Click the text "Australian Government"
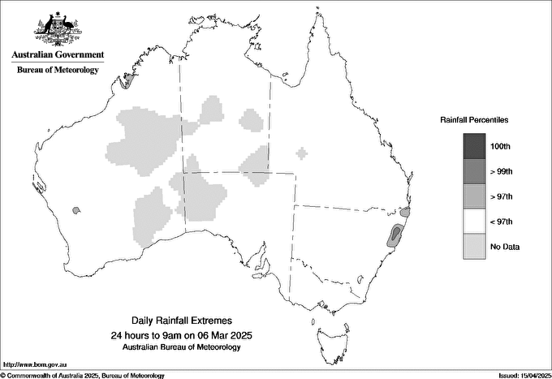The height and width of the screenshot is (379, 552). (x=58, y=55)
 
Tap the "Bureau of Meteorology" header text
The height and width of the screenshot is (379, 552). (x=58, y=71)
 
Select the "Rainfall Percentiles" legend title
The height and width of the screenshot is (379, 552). (x=474, y=119)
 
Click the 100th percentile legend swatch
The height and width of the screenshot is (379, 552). (x=474, y=146)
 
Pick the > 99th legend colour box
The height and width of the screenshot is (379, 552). (x=474, y=171)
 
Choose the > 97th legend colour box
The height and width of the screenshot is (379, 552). (x=474, y=196)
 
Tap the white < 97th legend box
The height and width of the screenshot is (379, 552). (x=474, y=222)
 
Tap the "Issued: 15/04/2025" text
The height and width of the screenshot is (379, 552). (x=520, y=375)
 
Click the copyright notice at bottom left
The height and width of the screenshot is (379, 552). (x=82, y=375)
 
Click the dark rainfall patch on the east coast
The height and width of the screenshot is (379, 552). (x=396, y=235)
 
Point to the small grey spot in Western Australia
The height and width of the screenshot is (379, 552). (x=76, y=210)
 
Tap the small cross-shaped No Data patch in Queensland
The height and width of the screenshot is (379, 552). (x=302, y=153)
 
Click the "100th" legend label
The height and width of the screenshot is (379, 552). (x=501, y=146)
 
